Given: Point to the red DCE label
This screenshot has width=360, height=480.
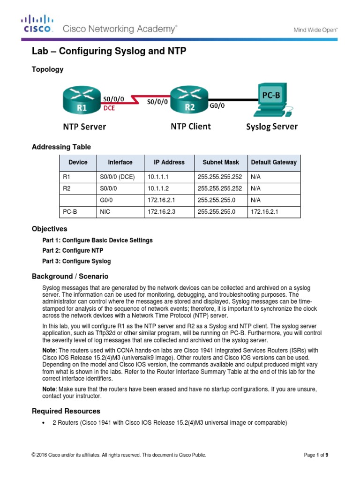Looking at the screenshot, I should coord(109,107).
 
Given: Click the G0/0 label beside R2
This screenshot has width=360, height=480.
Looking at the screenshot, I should coord(217,105).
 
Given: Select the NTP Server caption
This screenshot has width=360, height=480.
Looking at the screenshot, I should coord(84,127).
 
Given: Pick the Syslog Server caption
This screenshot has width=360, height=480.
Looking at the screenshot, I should coord(272,127).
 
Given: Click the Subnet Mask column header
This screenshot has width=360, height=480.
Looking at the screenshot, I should coord(220,163).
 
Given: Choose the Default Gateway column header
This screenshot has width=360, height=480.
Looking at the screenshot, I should coord(274,163).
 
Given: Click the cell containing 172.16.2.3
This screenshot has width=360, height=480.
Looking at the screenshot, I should coord(160,212).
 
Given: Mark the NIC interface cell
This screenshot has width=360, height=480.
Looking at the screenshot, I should coord(105,212).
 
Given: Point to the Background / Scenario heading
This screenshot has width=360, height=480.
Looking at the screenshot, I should coord(70,276).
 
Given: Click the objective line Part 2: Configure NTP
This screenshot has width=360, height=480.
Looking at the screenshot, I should coord(73,251).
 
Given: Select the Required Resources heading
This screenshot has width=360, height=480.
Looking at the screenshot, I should coord(66,411).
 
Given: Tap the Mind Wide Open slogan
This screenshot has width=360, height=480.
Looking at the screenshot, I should coord(315,30).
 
